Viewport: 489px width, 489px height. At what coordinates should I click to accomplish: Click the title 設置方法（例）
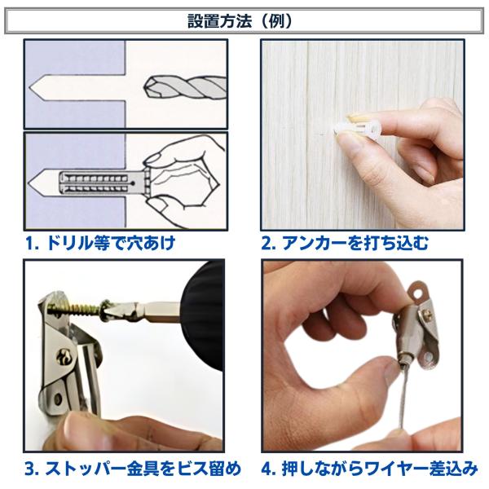point(240,21)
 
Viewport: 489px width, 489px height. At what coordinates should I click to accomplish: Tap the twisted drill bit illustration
point(185,88)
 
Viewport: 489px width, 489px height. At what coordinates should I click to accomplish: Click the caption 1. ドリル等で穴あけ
point(100,243)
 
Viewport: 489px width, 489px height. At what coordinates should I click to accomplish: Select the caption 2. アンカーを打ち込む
point(345,243)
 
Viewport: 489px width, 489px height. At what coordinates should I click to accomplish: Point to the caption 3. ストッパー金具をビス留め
point(133,469)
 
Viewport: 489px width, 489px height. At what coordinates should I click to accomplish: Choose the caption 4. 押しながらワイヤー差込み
point(369,469)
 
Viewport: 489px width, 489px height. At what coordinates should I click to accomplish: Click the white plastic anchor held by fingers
point(357,129)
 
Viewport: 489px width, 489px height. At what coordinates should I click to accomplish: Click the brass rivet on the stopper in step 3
point(65,357)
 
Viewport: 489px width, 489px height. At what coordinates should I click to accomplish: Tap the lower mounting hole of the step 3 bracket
point(57,399)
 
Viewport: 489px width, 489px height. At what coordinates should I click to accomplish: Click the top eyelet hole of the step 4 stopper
point(418,293)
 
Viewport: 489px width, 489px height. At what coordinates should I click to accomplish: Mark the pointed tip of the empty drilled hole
point(29,88)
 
